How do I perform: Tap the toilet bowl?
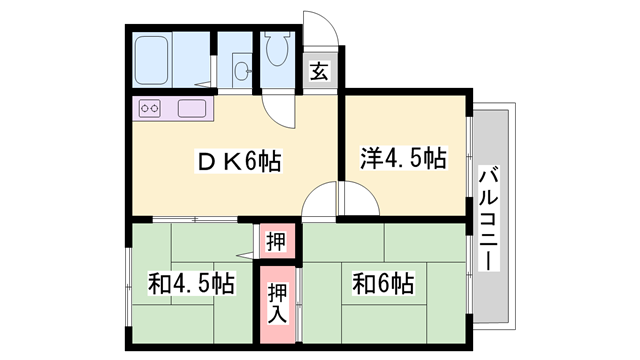coord(278,49)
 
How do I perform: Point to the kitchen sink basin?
coord(192,108)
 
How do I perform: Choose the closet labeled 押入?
coord(277,301)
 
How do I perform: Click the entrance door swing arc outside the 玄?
coord(323,30)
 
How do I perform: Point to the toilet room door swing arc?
coord(279,110)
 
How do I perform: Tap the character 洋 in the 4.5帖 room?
coord(371,158)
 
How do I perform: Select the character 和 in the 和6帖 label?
coord(361,283)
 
